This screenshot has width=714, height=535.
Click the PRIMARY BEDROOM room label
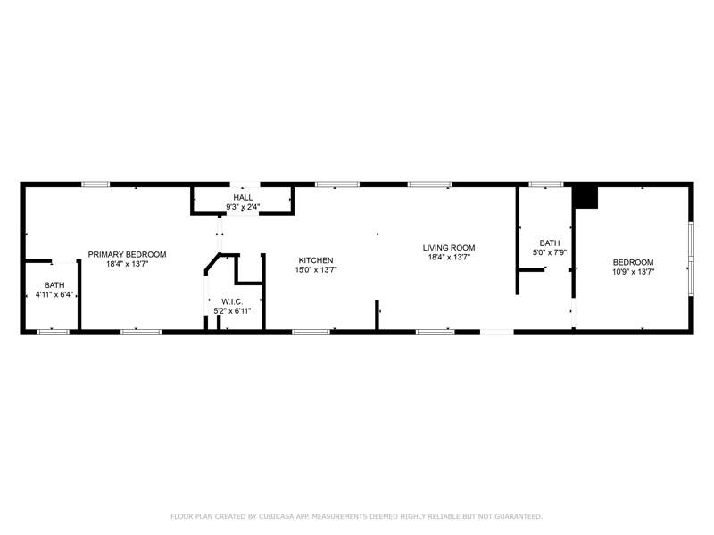[x=127, y=254]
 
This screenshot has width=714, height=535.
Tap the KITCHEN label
[x=316, y=260]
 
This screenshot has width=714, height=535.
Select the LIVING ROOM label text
[x=449, y=248]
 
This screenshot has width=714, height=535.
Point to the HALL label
[x=243, y=197]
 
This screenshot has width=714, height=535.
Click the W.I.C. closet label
[x=232, y=301]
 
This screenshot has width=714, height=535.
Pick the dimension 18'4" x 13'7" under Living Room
[x=449, y=257]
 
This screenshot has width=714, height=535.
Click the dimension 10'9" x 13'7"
[x=634, y=272]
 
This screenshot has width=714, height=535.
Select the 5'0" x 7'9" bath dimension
[x=550, y=252]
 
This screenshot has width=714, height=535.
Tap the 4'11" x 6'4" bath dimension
[x=54, y=294]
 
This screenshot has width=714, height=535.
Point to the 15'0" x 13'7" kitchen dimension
[x=316, y=270]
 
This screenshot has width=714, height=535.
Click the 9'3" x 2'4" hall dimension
[x=243, y=207]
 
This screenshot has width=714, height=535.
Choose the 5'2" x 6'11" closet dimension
[x=232, y=311]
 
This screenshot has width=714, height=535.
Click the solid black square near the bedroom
[x=585, y=196]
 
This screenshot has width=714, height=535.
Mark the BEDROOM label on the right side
[x=634, y=262]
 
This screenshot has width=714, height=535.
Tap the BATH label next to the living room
[x=550, y=243]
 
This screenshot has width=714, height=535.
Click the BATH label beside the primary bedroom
[x=54, y=284]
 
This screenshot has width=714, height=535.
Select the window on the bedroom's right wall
[x=691, y=259]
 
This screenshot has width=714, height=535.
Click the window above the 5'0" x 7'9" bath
[x=546, y=185]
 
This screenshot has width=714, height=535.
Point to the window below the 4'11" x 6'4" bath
[x=54, y=332]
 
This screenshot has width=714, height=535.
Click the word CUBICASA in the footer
[x=277, y=516]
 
